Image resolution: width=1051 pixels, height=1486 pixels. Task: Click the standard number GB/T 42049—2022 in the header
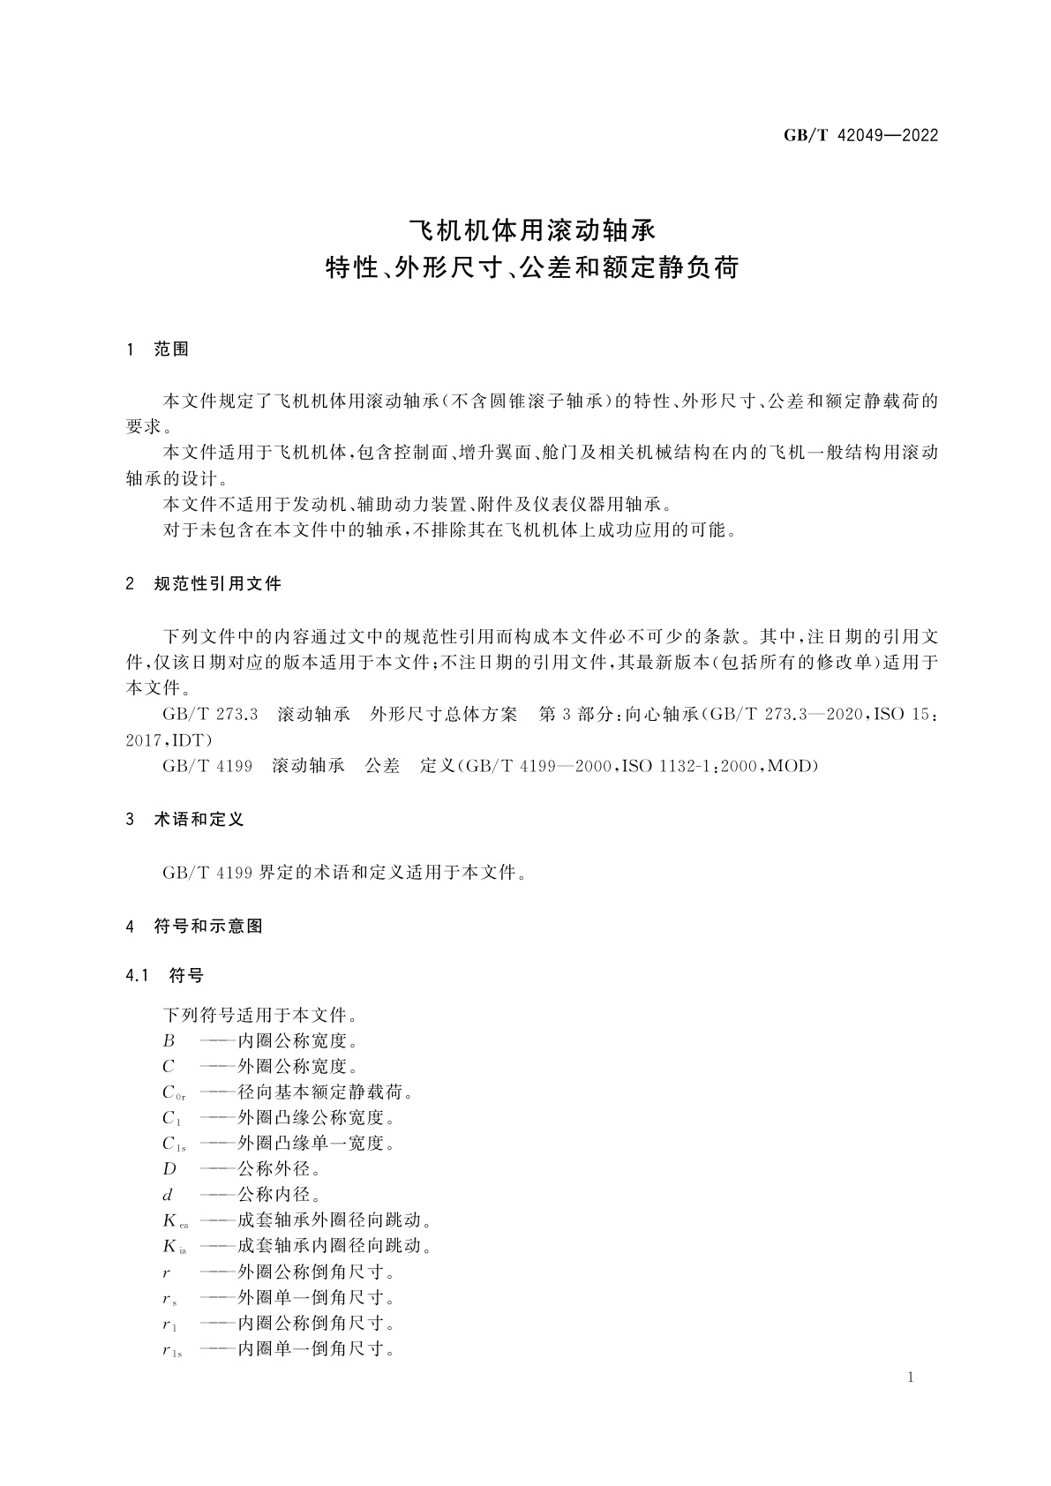[860, 136]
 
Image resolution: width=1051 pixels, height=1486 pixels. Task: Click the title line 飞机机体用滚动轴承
[532, 230]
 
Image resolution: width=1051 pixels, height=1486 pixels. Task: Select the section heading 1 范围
[158, 349]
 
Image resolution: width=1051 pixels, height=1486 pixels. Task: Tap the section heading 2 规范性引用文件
[204, 584]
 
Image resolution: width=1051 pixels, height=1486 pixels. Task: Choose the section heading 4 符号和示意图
[195, 927]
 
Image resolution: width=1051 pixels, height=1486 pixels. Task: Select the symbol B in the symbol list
[169, 1041]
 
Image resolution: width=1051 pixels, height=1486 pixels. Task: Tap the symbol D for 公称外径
[169, 1169]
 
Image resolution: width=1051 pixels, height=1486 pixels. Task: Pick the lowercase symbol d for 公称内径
[169, 1195]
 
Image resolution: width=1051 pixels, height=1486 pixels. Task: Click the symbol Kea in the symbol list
[175, 1221]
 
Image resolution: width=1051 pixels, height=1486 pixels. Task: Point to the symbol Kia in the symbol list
[174, 1247]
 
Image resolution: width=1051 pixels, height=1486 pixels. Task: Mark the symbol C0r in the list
[173, 1093]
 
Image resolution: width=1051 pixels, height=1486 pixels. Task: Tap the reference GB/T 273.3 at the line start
[210, 715]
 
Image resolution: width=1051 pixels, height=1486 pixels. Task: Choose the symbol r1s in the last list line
[172, 1349]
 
